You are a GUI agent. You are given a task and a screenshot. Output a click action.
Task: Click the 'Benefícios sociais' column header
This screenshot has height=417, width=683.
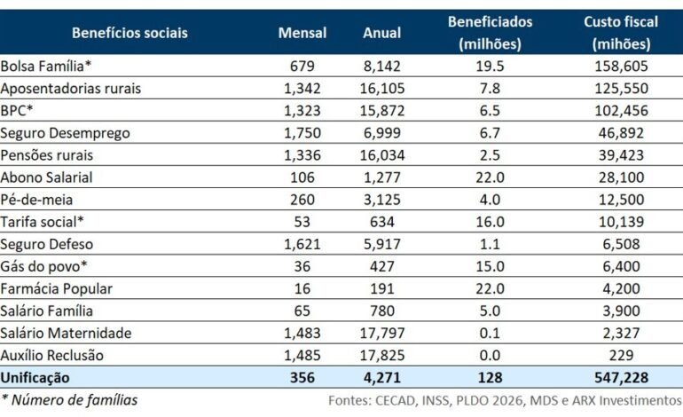pos(130,33)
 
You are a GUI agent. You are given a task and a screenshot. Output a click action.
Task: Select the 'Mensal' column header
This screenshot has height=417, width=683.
pos(302,33)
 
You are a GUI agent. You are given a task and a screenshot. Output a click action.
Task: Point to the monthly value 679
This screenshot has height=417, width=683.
pos(302,67)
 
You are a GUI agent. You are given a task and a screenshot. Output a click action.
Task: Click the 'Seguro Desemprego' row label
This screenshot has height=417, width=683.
pos(66,133)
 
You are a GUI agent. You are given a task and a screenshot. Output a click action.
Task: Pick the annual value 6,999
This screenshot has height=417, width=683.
pos(382,133)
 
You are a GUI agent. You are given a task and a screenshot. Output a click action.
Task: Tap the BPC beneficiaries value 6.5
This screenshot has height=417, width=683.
pos(490,111)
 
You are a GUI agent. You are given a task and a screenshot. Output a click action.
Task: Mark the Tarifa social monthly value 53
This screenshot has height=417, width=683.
pos(302,222)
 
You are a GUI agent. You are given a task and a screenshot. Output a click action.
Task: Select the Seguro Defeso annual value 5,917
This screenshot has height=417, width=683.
pos(382,244)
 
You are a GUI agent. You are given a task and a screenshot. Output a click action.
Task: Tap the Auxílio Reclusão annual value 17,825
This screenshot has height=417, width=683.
pos(382,355)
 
